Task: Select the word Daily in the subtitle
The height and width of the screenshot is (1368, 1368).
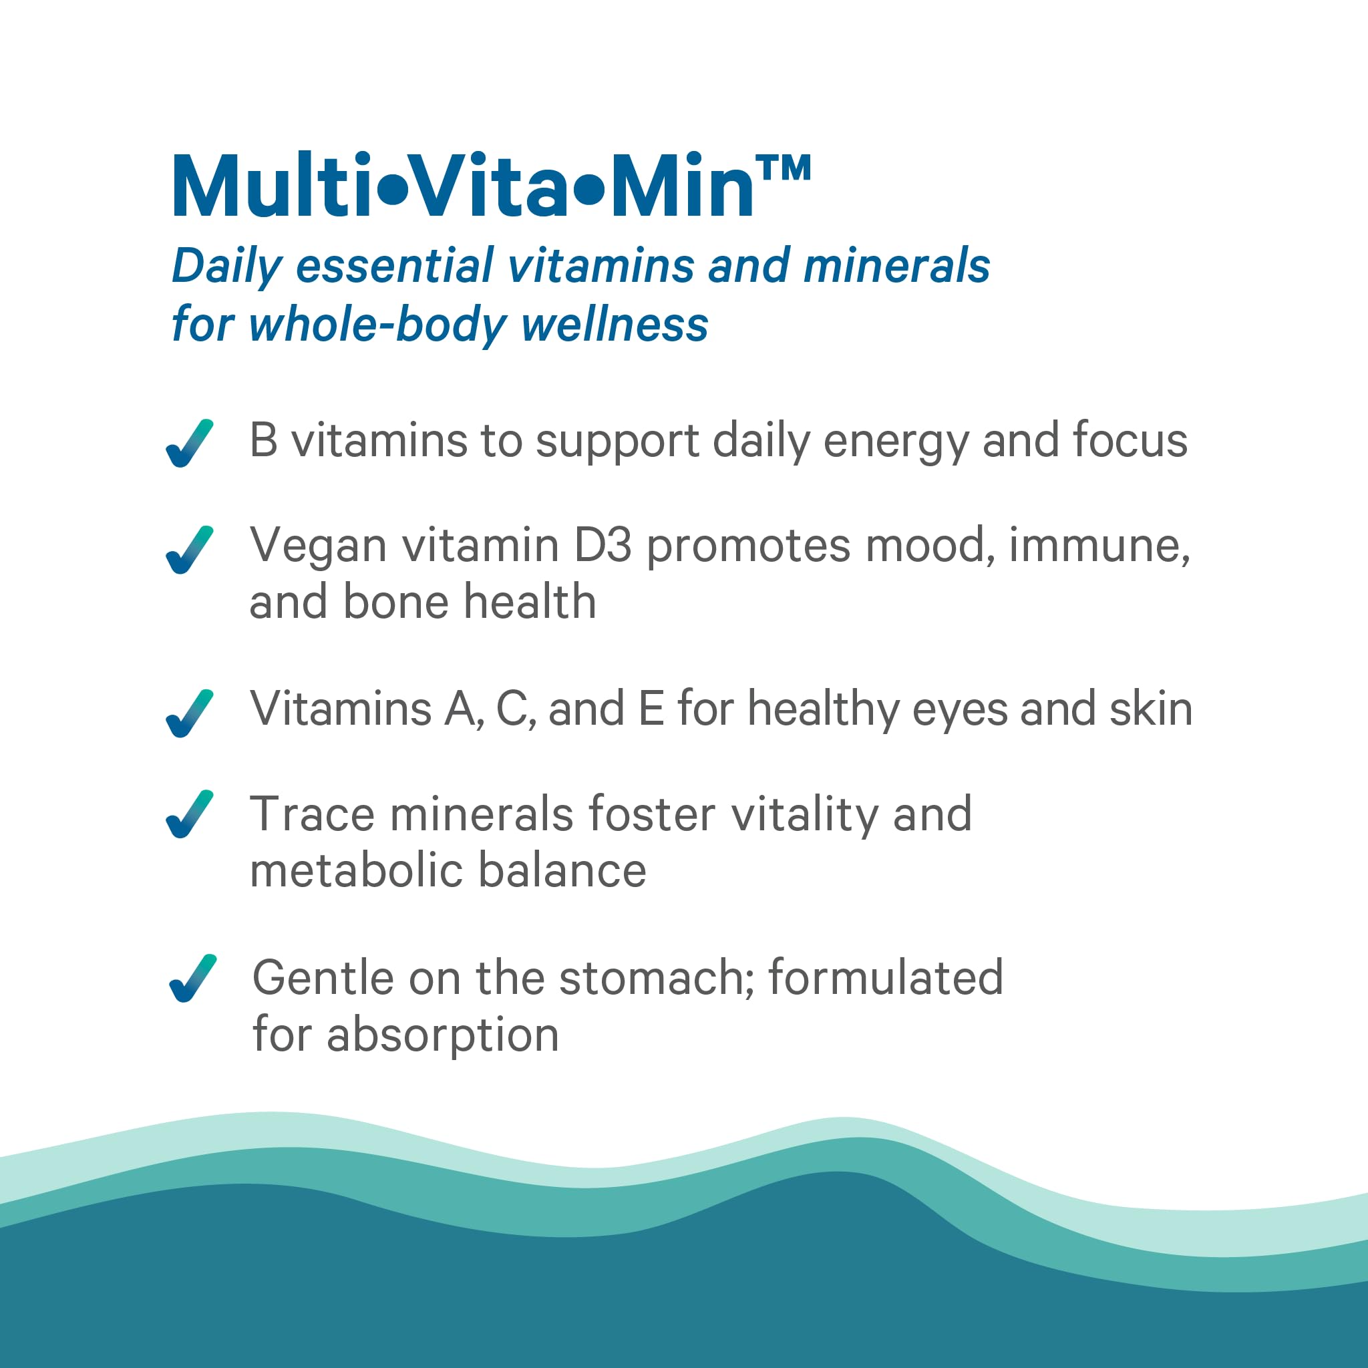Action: (226, 268)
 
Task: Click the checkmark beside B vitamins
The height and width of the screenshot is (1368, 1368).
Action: (189, 444)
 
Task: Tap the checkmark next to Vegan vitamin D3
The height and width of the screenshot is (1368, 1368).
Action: (189, 550)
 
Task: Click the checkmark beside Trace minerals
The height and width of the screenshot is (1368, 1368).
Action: (189, 814)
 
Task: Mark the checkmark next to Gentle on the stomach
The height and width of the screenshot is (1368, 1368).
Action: (192, 979)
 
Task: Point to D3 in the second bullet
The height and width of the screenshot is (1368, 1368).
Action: (603, 546)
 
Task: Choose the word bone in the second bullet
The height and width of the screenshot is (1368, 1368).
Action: (397, 602)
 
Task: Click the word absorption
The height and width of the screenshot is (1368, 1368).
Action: (444, 1036)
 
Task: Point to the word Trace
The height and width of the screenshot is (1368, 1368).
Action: (311, 814)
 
